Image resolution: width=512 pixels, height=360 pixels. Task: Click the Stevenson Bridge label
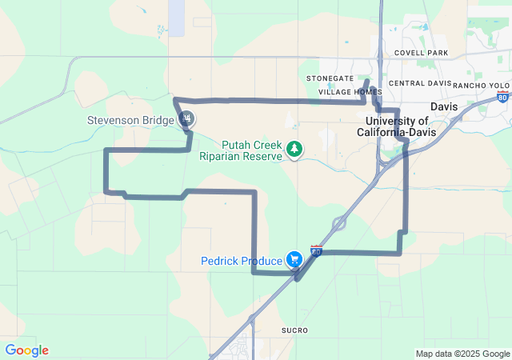(x=130, y=121)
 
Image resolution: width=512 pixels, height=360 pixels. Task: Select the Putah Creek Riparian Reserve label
(x=240, y=150)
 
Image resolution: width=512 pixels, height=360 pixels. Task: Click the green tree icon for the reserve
(x=295, y=149)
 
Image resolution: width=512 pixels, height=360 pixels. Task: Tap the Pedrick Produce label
(x=241, y=261)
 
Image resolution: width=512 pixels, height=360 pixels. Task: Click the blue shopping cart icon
(x=295, y=259)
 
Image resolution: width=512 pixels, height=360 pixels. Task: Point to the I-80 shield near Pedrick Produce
(x=317, y=251)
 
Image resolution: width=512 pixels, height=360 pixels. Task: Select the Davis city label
(x=443, y=106)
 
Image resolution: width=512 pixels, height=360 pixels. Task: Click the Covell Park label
(x=421, y=53)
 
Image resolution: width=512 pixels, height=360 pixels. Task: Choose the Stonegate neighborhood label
(x=330, y=78)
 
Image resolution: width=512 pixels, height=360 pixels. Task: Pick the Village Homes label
(x=350, y=92)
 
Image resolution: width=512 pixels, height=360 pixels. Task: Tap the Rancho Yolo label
(x=481, y=85)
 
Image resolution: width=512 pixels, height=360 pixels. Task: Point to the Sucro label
(x=294, y=330)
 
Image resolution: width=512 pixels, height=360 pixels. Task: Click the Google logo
(x=26, y=350)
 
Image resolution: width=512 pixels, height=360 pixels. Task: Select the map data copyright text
(x=462, y=354)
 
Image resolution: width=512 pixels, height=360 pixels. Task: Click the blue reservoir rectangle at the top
(x=176, y=16)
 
